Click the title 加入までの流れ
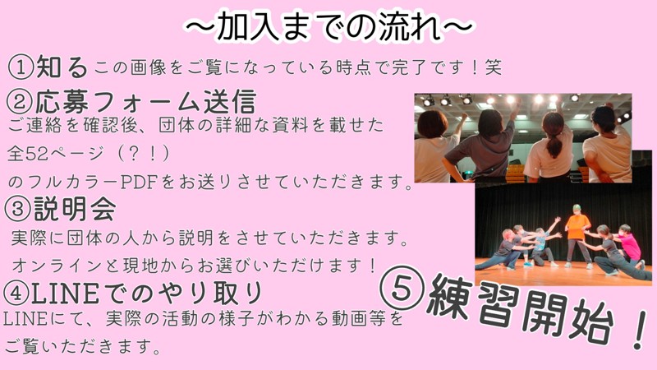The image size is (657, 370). pyautogui.click(x=329, y=26)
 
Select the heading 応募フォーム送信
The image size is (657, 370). pyautogui.click(x=145, y=102)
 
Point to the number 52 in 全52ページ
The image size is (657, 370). pyautogui.click(x=37, y=154)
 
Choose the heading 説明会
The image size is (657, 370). pyautogui.click(x=75, y=209)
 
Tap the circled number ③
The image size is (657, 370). pyautogui.click(x=16, y=210)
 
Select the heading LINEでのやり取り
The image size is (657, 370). pyautogui.click(x=147, y=293)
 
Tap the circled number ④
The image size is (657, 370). pyautogui.click(x=16, y=294)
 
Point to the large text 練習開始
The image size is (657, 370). pyautogui.click(x=520, y=310)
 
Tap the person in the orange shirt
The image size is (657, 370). pyautogui.click(x=578, y=235)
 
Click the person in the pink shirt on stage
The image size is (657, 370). pyautogui.click(x=628, y=245)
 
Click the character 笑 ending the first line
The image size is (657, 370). pyautogui.click(x=494, y=67)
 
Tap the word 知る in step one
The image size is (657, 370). pyautogui.click(x=62, y=67)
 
